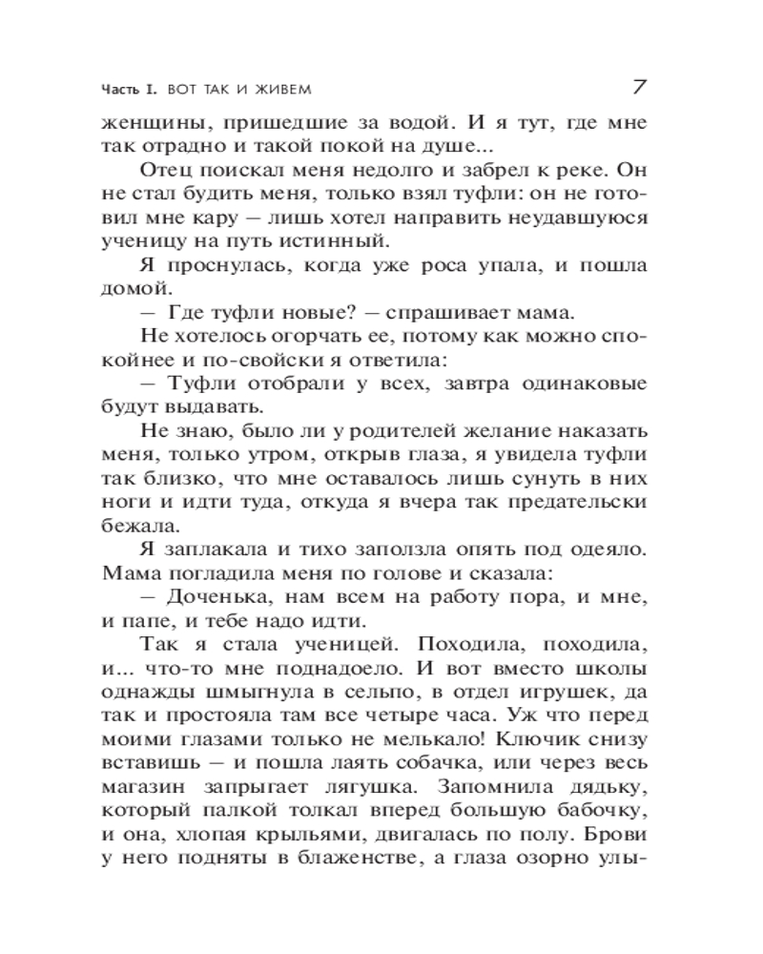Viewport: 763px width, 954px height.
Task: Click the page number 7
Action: point(640,86)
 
